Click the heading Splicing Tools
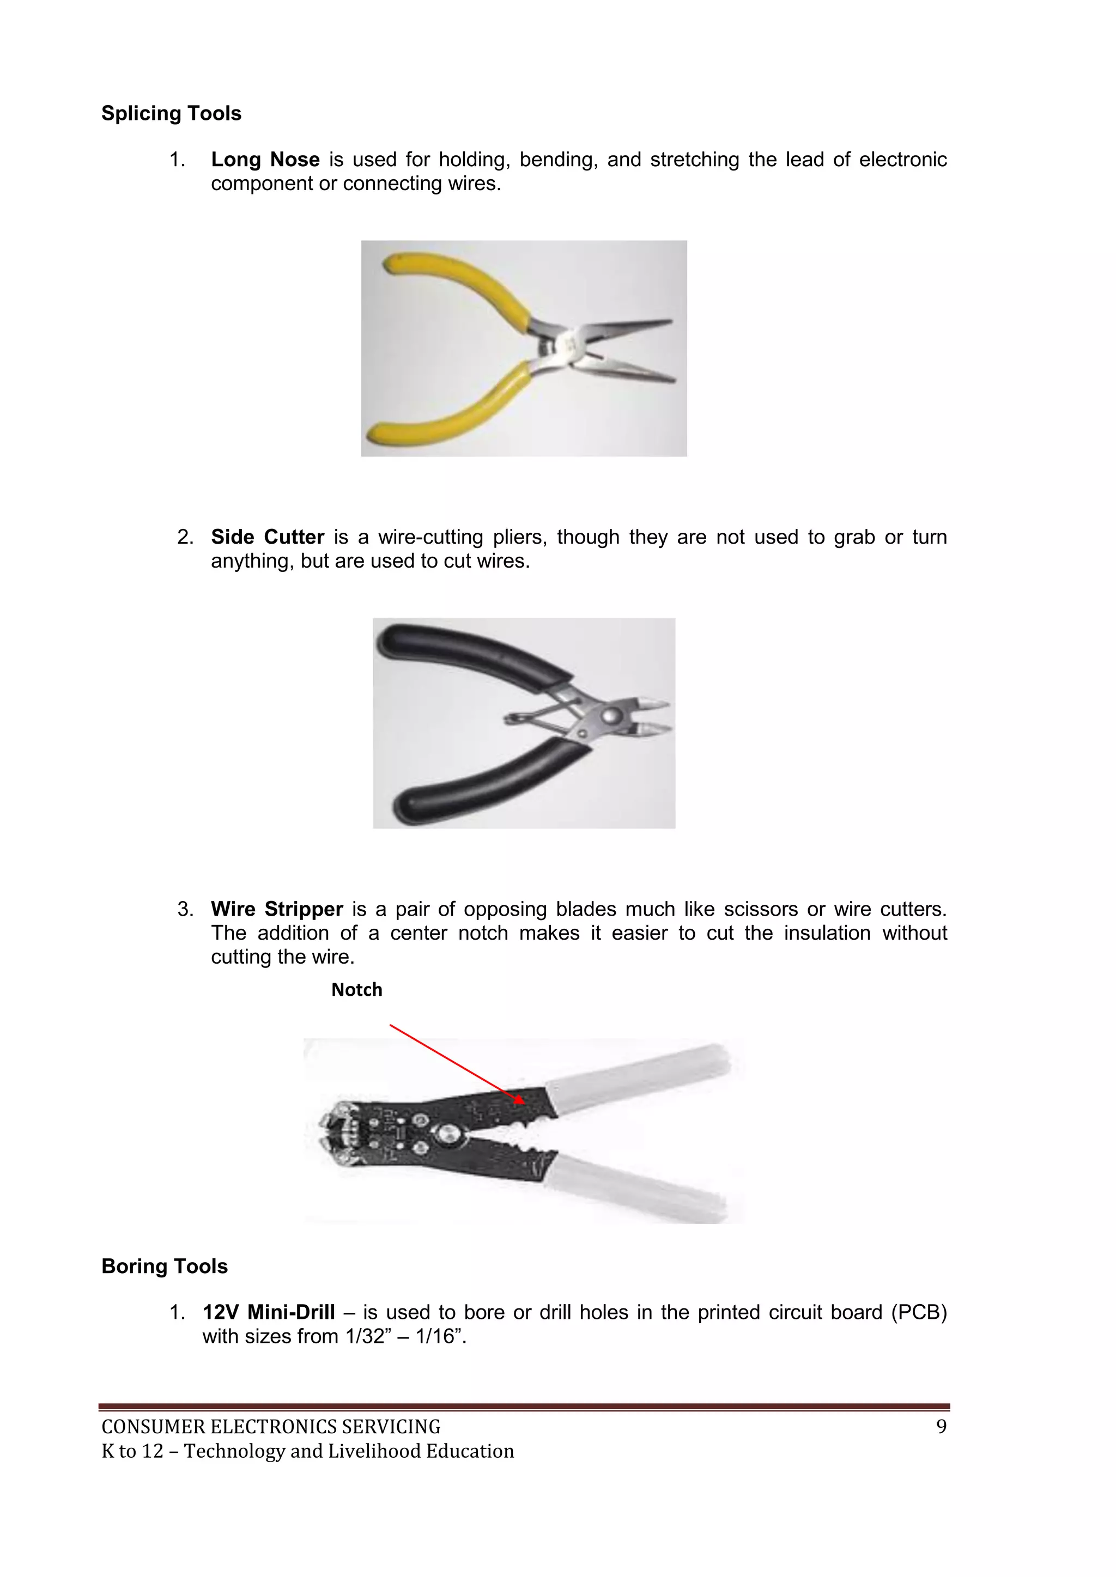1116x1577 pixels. click(171, 113)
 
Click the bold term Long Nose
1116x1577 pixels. click(265, 160)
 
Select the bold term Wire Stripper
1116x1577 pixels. click(276, 909)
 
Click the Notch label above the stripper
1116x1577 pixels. click(357, 990)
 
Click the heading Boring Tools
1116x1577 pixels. click(164, 1267)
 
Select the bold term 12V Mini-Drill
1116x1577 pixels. click(269, 1313)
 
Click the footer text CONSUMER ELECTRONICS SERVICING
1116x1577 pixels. click(271, 1427)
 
